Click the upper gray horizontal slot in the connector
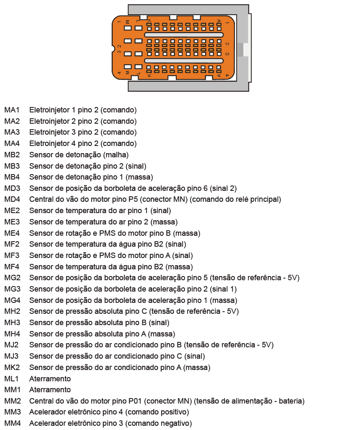[183, 35]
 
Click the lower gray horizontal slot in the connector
[183, 61]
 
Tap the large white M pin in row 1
[128, 28]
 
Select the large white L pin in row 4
[138, 67]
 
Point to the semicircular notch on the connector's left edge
[113, 49]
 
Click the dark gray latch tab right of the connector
[240, 50]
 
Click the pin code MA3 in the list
[12, 132]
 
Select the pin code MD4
[12, 199]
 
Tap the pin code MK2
[12, 367]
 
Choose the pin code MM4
[12, 423]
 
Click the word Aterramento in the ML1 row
[50, 379]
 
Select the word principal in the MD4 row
[263, 199]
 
